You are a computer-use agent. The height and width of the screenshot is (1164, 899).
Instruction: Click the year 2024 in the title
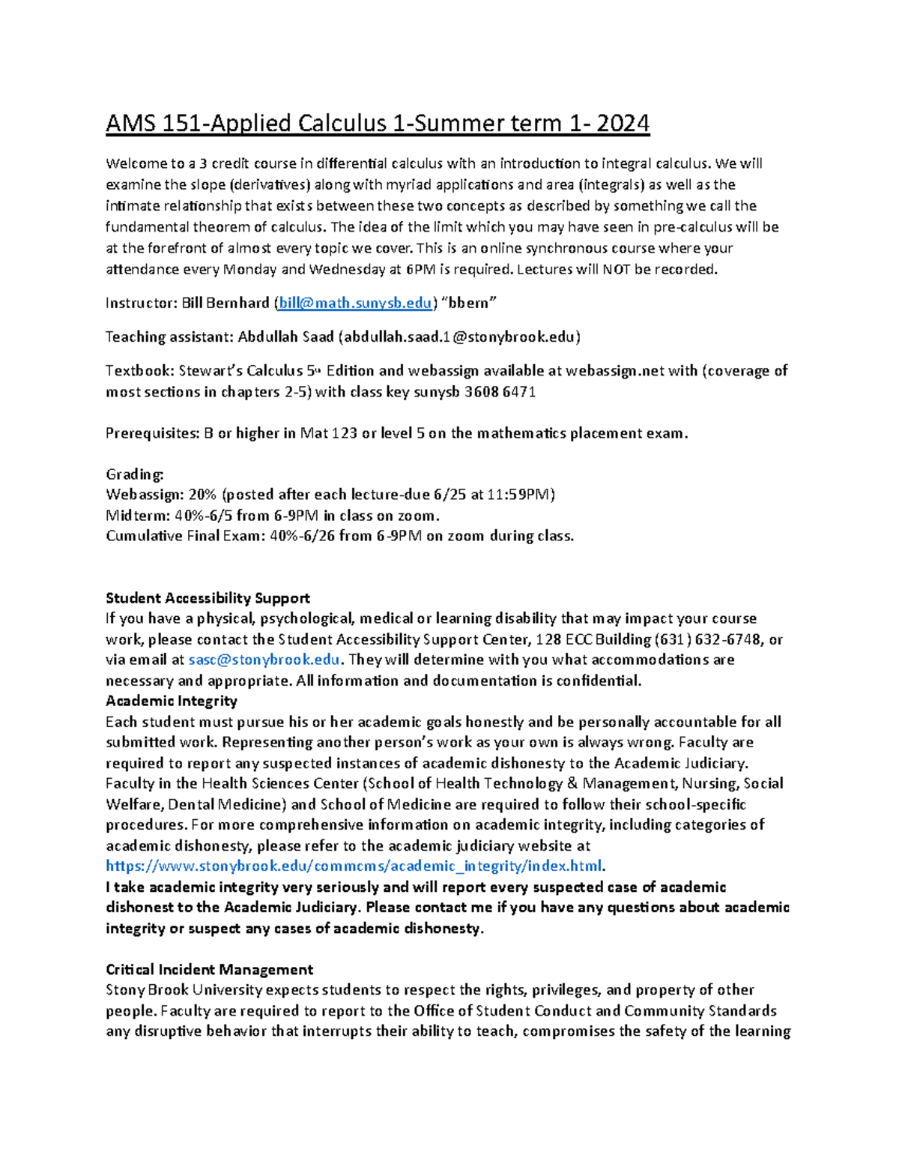pyautogui.click(x=623, y=123)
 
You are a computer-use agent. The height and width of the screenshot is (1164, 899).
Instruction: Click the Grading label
pyautogui.click(x=134, y=474)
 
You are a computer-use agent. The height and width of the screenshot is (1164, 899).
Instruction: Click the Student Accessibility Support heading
pyautogui.click(x=208, y=598)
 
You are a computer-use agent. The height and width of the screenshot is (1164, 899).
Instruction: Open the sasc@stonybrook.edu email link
pyautogui.click(x=264, y=660)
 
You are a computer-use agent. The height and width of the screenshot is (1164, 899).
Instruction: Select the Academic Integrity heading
pyautogui.click(x=171, y=701)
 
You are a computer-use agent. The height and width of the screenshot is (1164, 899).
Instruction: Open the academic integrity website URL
pyautogui.click(x=354, y=866)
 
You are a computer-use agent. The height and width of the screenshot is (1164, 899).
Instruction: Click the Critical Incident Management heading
pyautogui.click(x=209, y=969)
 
